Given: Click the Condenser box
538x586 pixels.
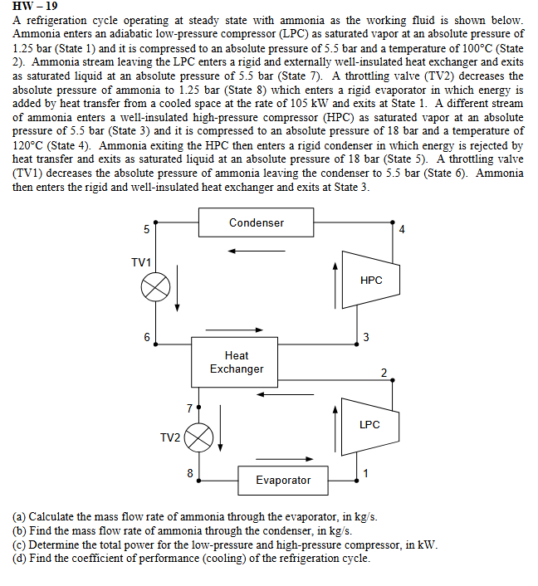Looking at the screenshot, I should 256,222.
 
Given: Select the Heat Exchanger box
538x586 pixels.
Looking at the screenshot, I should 236,362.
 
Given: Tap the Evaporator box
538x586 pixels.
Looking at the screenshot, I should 283,480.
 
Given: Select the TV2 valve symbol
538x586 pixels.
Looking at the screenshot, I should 199,437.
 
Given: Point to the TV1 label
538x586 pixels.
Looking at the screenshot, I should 141,262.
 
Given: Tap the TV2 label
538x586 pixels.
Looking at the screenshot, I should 169,437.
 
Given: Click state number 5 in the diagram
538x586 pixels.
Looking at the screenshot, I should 147,229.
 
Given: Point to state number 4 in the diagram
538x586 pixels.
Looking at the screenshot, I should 402,229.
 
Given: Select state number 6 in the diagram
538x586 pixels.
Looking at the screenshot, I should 147,338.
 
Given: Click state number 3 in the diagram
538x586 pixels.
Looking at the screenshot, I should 366,337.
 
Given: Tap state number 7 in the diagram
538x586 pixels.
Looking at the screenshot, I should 189,408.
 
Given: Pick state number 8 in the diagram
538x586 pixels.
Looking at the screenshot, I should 190,473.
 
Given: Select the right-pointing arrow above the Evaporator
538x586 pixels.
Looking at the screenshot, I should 296,459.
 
